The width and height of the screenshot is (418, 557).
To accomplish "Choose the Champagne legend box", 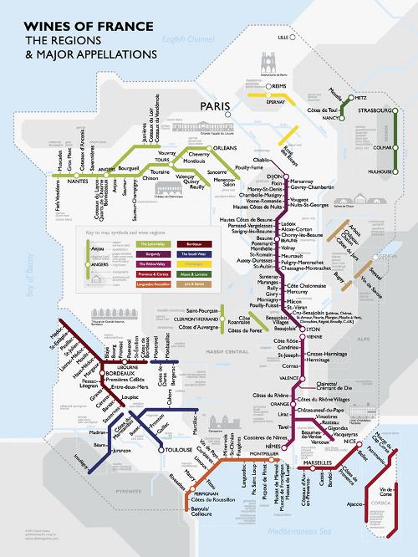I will (188, 263).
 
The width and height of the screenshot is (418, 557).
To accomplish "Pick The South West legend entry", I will (188, 252).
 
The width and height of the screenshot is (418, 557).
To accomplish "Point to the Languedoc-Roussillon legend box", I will (149, 284).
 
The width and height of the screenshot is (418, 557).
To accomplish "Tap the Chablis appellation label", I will (258, 161).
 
